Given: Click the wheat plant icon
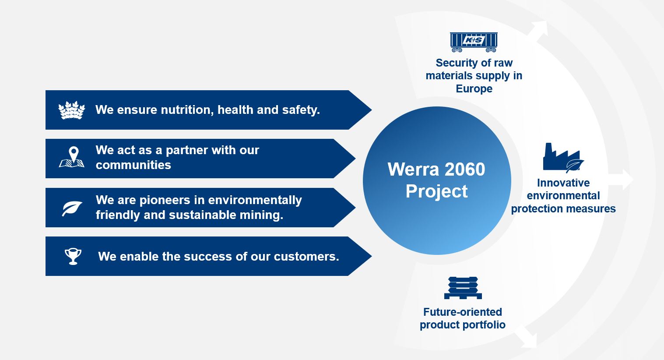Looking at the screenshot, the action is point(72,110).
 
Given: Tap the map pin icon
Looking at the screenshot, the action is point(72,157).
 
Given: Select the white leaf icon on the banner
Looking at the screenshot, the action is point(72,208).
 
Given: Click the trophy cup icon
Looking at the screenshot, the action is point(73,257).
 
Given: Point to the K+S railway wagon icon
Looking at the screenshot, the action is point(474,42).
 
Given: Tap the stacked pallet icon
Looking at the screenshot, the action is point(463,288).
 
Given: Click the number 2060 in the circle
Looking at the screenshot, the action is point(465,169).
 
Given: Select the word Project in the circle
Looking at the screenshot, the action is point(437,192).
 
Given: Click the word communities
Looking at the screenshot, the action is point(134,165).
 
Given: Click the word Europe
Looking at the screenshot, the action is point(474,88).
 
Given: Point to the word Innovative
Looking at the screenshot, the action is point(563,183).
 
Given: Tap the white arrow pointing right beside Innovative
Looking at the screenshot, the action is point(621,180).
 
